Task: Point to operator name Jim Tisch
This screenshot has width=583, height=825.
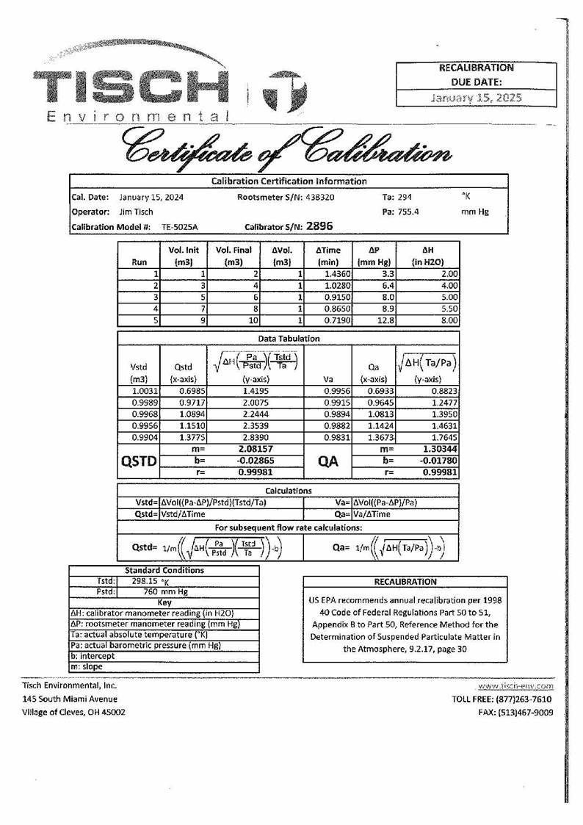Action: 136,212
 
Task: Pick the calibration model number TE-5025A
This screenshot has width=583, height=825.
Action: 178,227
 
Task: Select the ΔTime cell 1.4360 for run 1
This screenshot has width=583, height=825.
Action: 336,273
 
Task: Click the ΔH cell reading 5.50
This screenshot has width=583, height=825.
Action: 449,309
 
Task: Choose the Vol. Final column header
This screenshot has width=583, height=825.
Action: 233,256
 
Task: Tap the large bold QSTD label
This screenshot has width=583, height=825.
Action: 138,461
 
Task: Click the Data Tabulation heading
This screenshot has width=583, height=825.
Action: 289,339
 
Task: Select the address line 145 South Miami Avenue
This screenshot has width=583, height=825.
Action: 70,699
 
